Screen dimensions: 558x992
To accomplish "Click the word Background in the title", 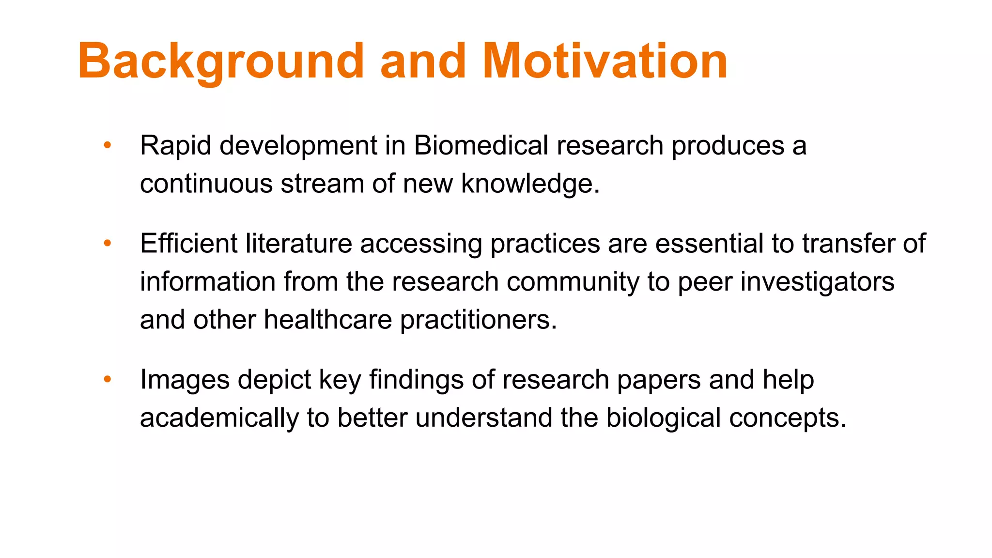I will click(x=220, y=62).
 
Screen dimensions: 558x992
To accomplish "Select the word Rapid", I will click(x=175, y=145).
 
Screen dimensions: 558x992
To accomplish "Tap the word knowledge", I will click(x=530, y=184).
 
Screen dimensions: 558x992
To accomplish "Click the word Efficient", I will click(x=188, y=243).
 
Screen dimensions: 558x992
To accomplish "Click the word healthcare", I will click(x=328, y=320).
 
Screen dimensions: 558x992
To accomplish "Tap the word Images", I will click(x=185, y=379).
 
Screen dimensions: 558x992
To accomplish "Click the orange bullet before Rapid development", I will click(x=108, y=145).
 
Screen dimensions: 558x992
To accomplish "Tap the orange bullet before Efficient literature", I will click(x=108, y=243).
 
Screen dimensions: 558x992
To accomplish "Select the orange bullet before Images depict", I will click(x=108, y=379).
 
